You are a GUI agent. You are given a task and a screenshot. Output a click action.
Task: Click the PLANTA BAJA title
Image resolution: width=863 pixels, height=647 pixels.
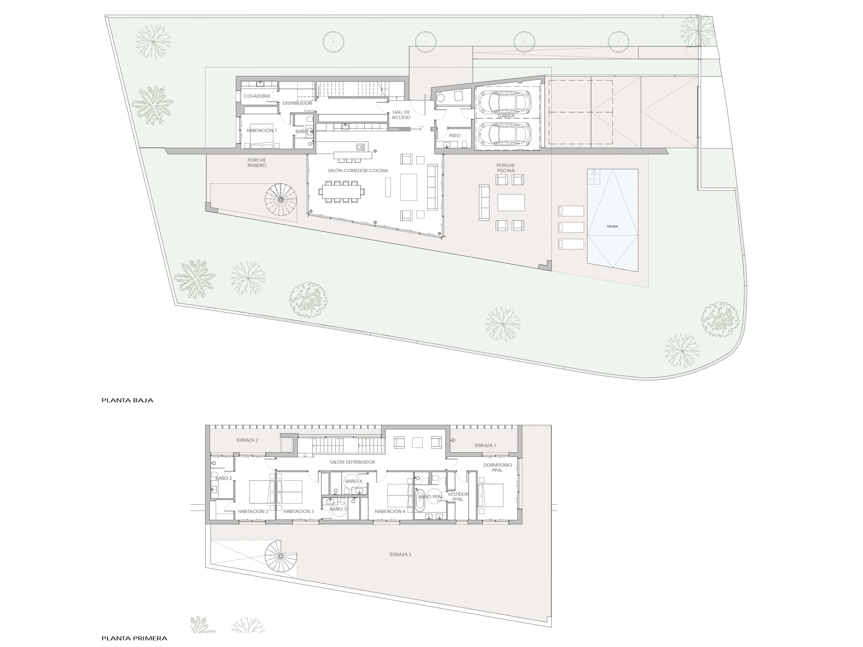click(x=127, y=400)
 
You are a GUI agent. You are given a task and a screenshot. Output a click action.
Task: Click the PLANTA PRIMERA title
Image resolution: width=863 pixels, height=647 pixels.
click(x=134, y=638)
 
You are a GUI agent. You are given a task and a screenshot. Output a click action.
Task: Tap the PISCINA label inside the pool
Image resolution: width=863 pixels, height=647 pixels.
click(x=612, y=227)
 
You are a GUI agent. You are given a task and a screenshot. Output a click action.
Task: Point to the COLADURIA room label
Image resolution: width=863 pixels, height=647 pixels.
click(x=257, y=96)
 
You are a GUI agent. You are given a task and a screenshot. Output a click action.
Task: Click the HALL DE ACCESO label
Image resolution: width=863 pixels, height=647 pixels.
click(x=401, y=115)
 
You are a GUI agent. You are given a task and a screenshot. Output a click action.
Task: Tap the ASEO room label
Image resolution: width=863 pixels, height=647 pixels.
click(x=455, y=136)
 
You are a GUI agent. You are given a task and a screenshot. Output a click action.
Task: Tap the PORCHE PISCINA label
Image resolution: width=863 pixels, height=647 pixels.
click(x=506, y=168)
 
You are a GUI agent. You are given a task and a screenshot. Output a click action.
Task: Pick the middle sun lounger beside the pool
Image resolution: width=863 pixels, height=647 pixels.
click(x=571, y=227)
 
